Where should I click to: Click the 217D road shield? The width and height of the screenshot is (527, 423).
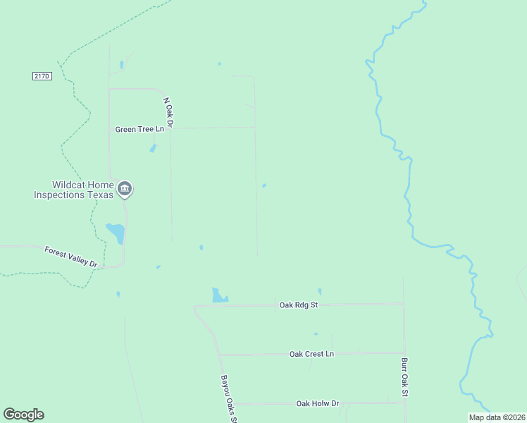click(42, 75)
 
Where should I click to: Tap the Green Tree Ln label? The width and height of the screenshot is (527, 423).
click(139, 129)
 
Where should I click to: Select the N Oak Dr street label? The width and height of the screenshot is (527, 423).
click(168, 111)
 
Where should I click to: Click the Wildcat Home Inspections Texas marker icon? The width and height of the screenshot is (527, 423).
click(125, 188)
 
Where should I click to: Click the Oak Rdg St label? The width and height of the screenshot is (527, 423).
click(299, 305)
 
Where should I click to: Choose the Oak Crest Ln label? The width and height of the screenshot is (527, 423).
click(311, 353)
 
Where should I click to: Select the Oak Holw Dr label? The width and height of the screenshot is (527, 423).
click(318, 403)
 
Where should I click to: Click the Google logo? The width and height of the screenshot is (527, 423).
click(23, 415)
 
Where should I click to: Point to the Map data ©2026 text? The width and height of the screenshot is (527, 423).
click(497, 417)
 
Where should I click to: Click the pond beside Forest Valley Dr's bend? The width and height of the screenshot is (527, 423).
click(116, 232)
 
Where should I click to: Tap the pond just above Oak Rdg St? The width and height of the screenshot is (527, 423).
click(220, 295)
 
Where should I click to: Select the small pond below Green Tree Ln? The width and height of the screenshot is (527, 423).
click(153, 149)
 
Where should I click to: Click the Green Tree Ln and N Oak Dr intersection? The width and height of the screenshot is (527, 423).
click(171, 128)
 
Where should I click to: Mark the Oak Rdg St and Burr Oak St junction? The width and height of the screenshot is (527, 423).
click(404, 304)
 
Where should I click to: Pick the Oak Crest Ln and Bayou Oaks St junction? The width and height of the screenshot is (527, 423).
click(221, 355)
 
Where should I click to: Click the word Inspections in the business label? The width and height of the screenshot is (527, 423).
click(60, 195)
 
